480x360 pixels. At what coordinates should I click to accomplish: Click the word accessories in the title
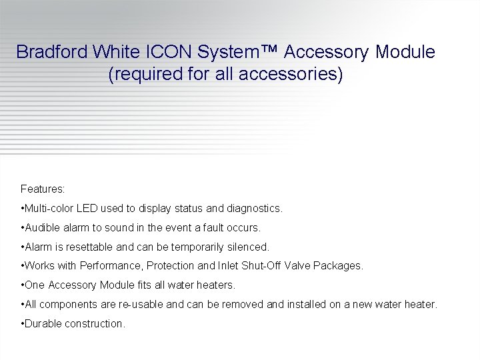pos(291,74)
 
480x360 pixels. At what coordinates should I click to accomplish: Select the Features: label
pos(43,189)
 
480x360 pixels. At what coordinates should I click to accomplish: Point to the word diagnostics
pos(254,209)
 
